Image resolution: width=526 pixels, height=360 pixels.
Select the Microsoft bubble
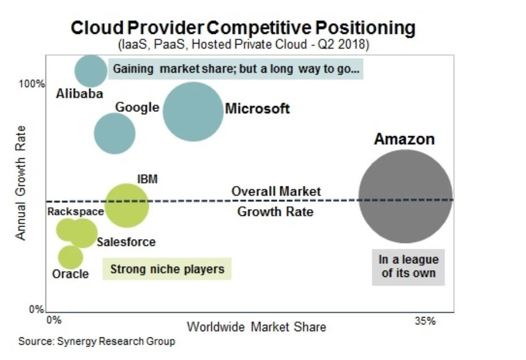(x=193, y=111)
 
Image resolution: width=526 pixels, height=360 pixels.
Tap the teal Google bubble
(x=114, y=133)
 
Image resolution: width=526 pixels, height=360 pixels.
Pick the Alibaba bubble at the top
(x=91, y=71)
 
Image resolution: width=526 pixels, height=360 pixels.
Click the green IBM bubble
(x=127, y=205)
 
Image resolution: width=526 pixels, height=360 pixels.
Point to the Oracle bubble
(x=71, y=257)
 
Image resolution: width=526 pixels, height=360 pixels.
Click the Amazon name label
(x=404, y=139)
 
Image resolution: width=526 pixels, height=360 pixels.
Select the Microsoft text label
(x=257, y=109)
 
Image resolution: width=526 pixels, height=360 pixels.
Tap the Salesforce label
(x=126, y=242)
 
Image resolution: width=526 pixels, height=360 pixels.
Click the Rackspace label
(x=76, y=212)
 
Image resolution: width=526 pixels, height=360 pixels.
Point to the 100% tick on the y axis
(x=32, y=84)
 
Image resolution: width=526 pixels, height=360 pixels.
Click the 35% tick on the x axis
(x=425, y=321)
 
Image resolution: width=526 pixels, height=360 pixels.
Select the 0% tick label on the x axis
(x=53, y=320)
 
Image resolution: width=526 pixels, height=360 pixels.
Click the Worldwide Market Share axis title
(x=256, y=327)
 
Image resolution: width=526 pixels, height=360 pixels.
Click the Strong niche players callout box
(x=167, y=269)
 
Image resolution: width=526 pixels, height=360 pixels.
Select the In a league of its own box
(x=408, y=267)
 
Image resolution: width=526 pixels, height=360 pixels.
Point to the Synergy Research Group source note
(x=97, y=341)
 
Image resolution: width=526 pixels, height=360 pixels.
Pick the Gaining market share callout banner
(x=236, y=70)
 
